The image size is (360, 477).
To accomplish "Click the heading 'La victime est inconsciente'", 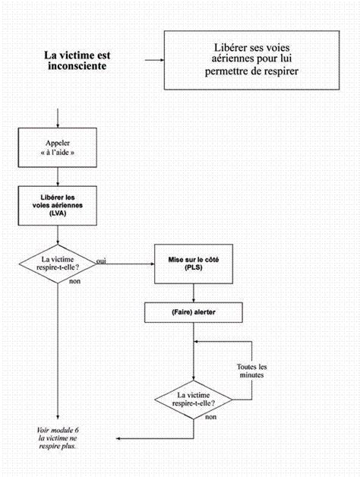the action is coord(77,60).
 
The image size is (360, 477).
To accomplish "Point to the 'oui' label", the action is coord(101,261).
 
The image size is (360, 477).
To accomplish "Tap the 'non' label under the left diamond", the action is coord(75,281).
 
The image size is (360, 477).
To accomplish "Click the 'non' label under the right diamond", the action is coord(211,417).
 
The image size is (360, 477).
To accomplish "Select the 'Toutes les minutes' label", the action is coord(251,371).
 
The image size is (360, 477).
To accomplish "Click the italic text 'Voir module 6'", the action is coord(58,430).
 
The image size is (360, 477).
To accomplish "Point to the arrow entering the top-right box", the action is coord(154,60).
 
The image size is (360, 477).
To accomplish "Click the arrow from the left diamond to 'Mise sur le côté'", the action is coord(125,264).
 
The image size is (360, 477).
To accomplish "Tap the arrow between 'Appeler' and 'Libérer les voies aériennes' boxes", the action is coord(58,177).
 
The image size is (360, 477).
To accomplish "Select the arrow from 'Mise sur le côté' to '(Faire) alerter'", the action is coord(194,293).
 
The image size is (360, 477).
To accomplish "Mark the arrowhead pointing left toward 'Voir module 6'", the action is coord(118,438).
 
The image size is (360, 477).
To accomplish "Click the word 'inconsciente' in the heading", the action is coord(77,66).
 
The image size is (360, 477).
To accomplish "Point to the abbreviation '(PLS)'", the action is coord(194,267).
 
